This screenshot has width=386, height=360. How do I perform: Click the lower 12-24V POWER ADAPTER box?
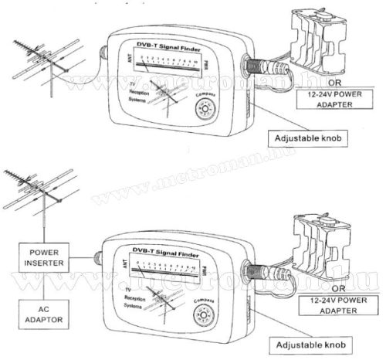[x=335, y=304]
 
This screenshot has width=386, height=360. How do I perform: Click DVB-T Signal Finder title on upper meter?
[x=164, y=49]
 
